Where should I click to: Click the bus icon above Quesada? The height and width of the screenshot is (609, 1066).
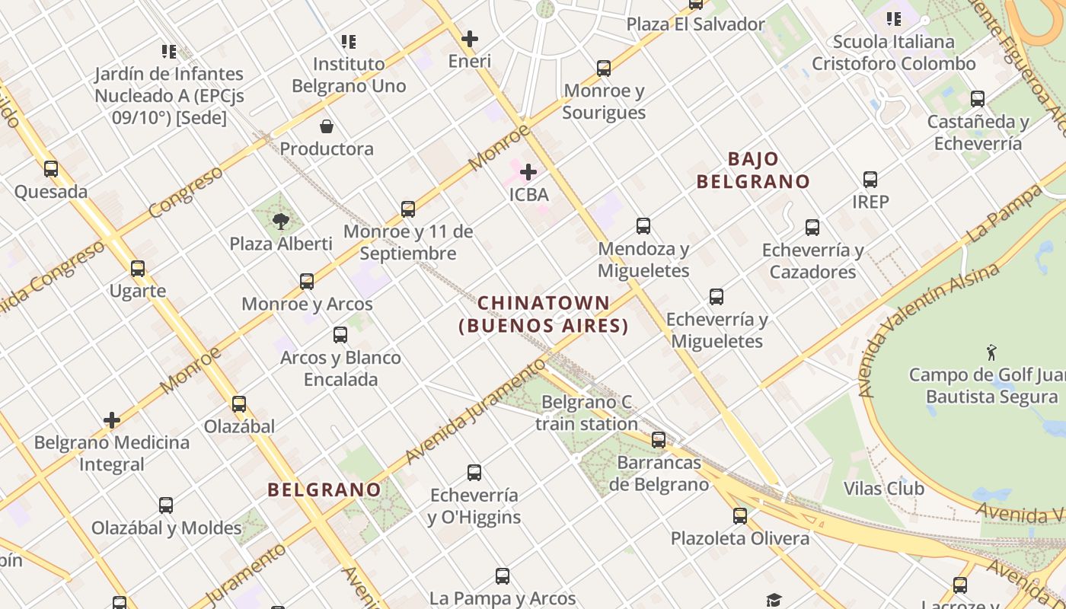pyautogui.click(x=51, y=169)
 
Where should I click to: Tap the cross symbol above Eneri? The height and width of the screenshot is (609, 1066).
pyautogui.click(x=470, y=39)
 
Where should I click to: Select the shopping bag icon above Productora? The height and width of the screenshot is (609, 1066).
pyautogui.click(x=327, y=126)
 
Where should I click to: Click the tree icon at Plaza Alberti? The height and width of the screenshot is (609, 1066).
pyautogui.click(x=281, y=222)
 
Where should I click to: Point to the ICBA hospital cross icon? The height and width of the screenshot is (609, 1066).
pyautogui.click(x=528, y=173)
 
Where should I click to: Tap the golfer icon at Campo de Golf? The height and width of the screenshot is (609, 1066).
pyautogui.click(x=991, y=352)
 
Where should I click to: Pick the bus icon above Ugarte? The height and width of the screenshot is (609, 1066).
pyautogui.click(x=138, y=269)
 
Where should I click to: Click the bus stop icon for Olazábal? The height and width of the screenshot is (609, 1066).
pyautogui.click(x=239, y=404)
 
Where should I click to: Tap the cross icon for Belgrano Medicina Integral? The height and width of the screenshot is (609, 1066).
pyautogui.click(x=112, y=420)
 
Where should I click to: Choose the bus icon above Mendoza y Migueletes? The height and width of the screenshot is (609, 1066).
pyautogui.click(x=643, y=226)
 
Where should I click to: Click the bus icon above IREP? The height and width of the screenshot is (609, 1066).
pyautogui.click(x=870, y=180)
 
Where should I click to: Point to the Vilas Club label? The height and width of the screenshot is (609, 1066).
pyautogui.click(x=883, y=489)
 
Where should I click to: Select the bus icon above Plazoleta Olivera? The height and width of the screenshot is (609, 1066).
pyautogui.click(x=740, y=516)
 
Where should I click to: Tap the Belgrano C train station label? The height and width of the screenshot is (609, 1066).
pyautogui.click(x=586, y=413)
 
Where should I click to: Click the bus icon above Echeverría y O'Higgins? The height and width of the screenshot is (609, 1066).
pyautogui.click(x=474, y=473)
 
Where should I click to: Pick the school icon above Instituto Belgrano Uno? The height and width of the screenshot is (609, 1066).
pyautogui.click(x=349, y=41)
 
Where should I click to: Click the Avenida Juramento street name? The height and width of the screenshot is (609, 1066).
pyautogui.click(x=476, y=411)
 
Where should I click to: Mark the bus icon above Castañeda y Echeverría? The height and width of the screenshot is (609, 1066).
pyautogui.click(x=978, y=99)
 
